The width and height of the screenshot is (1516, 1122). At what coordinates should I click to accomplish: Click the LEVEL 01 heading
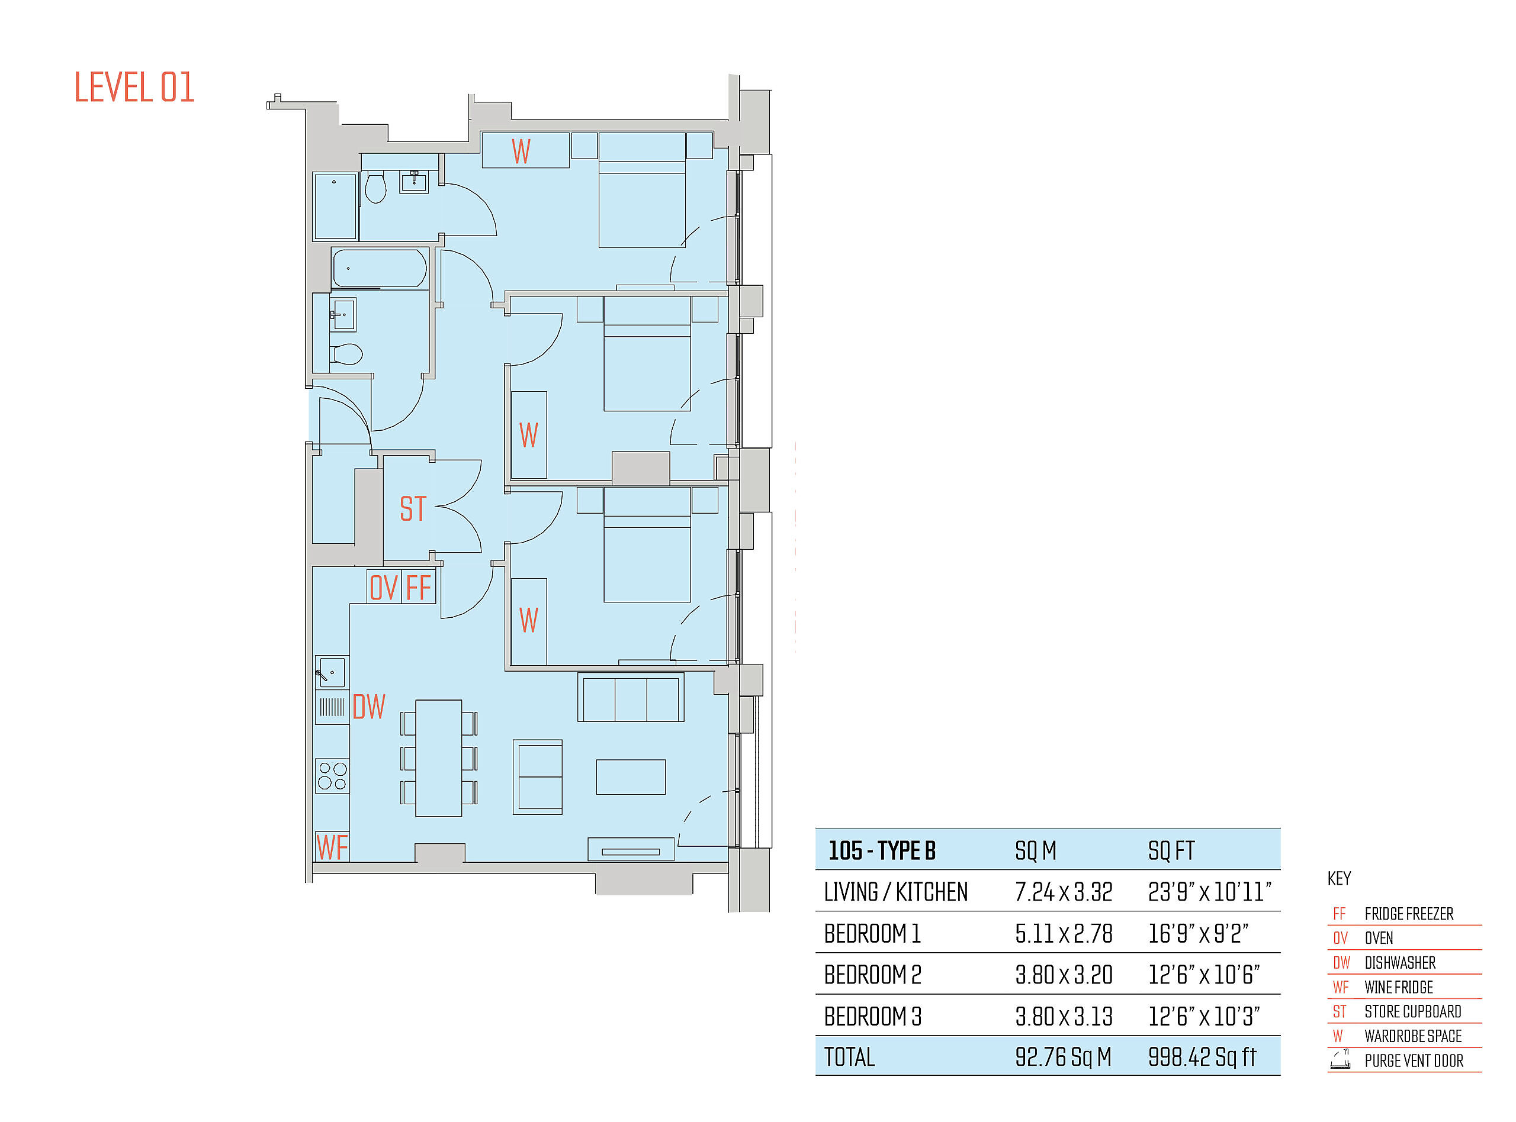[x=134, y=87]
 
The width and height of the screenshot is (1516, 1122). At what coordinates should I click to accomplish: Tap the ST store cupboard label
[x=413, y=509]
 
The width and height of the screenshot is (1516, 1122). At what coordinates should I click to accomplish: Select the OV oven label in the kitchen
[x=383, y=588]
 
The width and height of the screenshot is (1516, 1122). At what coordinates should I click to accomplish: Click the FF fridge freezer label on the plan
[x=418, y=588]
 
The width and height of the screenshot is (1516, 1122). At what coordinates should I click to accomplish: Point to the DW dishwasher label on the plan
[x=369, y=707]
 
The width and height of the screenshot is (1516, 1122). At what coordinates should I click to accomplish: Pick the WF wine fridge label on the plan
[x=332, y=847]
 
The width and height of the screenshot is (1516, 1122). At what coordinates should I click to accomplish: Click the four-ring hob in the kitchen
[x=332, y=776]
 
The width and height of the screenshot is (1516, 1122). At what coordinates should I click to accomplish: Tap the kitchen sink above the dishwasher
[x=332, y=672]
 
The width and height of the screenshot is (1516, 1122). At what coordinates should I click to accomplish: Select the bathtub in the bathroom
[x=379, y=268]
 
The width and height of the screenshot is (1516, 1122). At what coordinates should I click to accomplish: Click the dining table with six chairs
[x=438, y=758]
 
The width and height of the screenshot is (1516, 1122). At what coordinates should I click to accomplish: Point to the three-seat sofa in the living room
[x=631, y=698]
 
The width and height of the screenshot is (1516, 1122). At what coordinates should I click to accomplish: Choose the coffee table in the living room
[x=631, y=777]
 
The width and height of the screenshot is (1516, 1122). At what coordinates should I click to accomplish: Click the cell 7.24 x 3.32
[x=1064, y=892]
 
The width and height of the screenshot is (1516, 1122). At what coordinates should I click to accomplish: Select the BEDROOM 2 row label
[x=872, y=975]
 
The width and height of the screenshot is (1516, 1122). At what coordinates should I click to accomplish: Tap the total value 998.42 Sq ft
[x=1202, y=1057]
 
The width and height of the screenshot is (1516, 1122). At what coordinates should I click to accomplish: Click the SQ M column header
[x=1036, y=850]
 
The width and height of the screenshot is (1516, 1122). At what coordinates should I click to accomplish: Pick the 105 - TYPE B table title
[x=881, y=850]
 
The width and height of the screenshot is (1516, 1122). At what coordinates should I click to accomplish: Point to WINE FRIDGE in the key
[x=1398, y=987]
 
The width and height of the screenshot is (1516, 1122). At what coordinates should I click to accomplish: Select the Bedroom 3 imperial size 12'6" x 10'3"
[x=1204, y=1016]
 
